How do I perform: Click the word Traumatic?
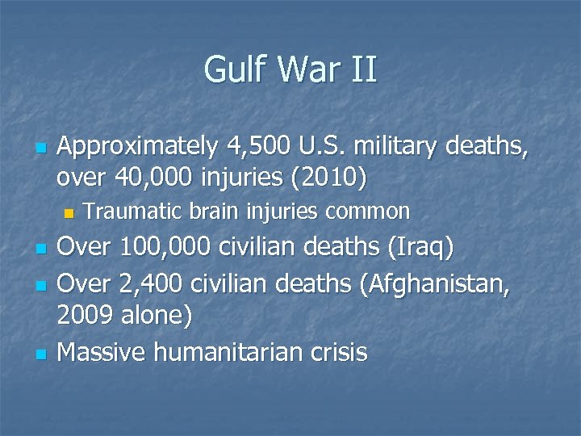pyautogui.click(x=133, y=212)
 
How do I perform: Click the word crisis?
pyautogui.click(x=340, y=352)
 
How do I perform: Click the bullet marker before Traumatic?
pyautogui.click(x=69, y=214)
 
